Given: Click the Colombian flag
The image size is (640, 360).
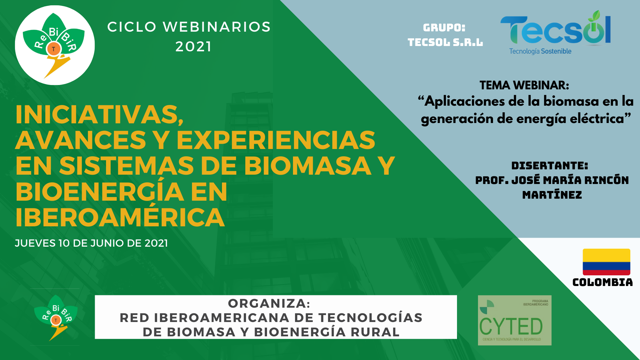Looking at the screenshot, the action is tap(606, 262).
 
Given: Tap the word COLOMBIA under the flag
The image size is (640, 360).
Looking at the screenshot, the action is tap(603, 282).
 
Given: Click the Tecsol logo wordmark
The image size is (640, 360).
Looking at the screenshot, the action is tap(556, 29).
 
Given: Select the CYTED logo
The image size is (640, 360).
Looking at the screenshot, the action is tap(515, 320).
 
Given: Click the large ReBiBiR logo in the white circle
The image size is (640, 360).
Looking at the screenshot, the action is tap(55, 45).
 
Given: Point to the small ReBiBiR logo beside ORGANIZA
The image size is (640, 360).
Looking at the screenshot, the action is tap(55, 318).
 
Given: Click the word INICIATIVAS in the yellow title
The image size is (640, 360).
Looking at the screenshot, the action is tap(99, 115).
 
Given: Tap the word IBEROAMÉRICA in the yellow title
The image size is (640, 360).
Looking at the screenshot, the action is tap(120, 217).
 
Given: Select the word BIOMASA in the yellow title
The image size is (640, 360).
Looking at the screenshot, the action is tap(308, 166).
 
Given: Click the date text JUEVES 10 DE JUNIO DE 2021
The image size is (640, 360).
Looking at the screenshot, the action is tap(91, 243).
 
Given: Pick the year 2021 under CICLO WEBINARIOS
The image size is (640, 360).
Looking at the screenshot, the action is tap(194, 47).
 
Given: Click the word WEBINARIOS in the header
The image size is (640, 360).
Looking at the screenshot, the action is tap(217, 27).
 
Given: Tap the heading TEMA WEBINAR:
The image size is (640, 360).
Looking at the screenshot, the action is tap(524, 85).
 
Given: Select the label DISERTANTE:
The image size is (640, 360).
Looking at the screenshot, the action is tap(550, 166).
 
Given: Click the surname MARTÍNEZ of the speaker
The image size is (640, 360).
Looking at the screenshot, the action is tap(552, 195).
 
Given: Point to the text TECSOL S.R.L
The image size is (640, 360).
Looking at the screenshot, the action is tap(445, 42).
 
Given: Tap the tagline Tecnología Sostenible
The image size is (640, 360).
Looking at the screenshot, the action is tap(540, 51).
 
